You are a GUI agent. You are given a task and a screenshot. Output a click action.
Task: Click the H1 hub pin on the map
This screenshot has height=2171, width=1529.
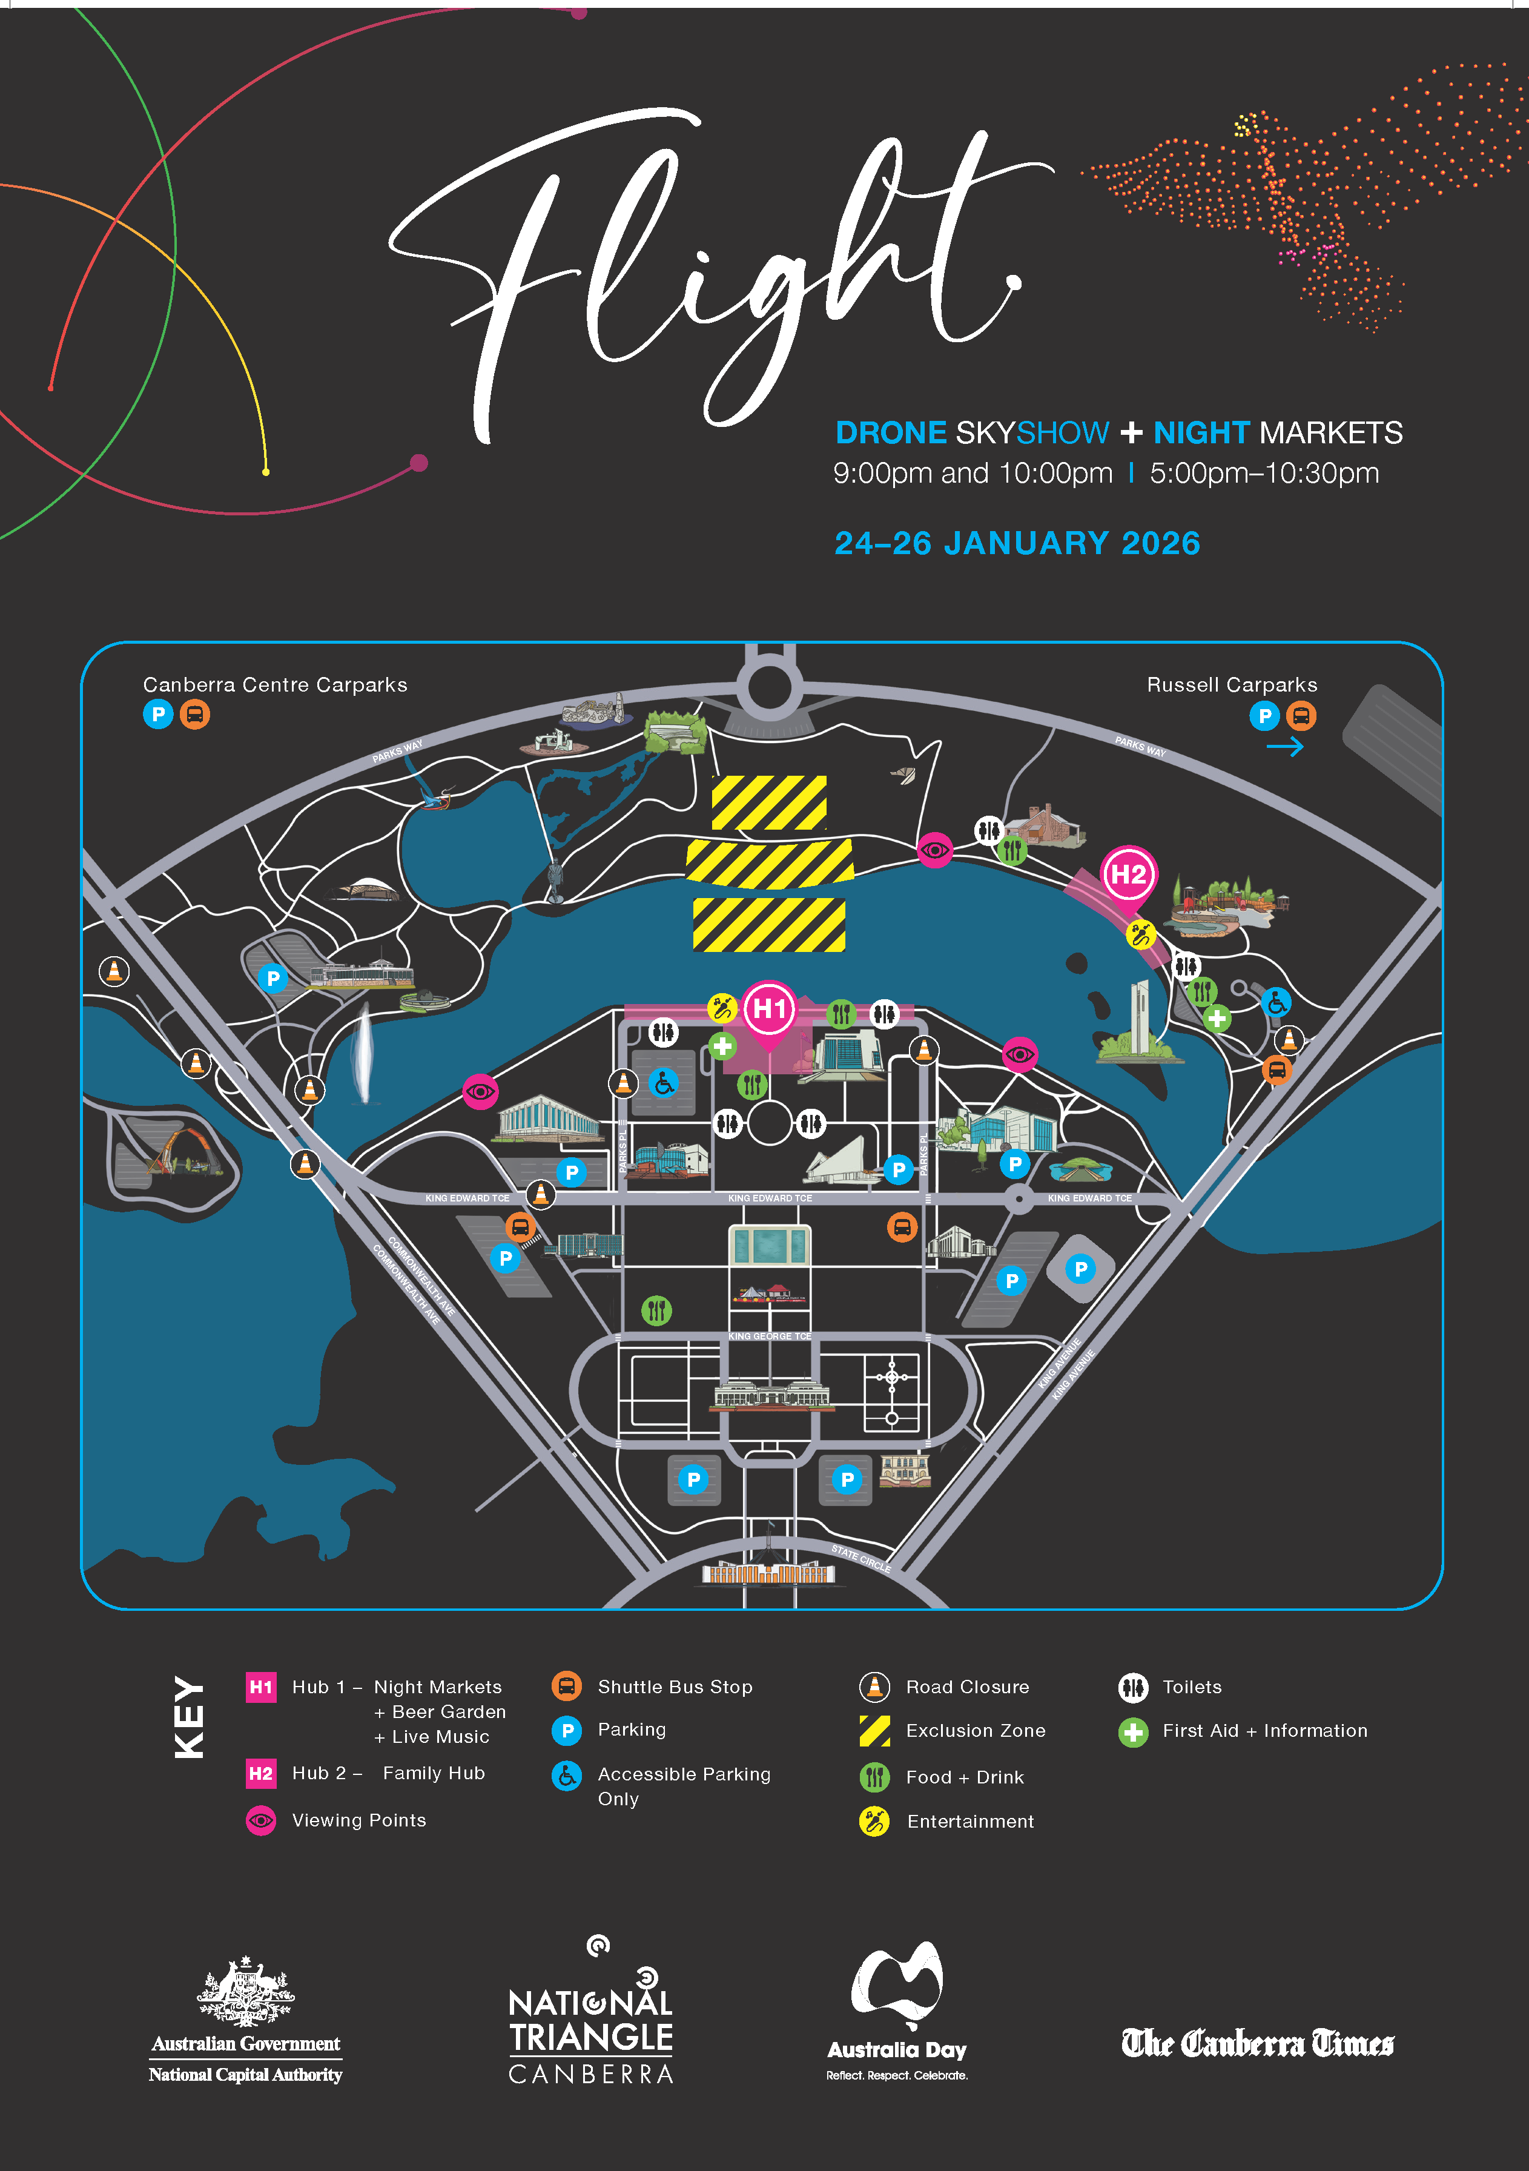[x=769, y=1010]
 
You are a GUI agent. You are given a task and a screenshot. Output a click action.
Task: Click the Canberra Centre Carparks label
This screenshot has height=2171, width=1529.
[x=275, y=684]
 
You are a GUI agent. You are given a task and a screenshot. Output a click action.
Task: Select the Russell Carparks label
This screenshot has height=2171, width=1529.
[x=1231, y=684]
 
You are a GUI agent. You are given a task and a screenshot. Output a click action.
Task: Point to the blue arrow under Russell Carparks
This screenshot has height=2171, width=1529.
[x=1284, y=747]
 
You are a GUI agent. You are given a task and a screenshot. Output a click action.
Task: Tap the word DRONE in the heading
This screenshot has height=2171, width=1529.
[x=891, y=433]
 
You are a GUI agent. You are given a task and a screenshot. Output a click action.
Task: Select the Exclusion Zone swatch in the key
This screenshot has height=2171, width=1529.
[x=874, y=1730]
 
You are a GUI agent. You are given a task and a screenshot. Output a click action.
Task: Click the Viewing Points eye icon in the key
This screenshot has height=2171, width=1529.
[x=261, y=1820]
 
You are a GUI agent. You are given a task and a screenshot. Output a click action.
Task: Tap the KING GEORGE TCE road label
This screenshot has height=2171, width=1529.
[x=769, y=1336]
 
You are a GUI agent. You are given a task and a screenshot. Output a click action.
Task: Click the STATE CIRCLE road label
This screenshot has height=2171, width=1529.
[x=860, y=1558]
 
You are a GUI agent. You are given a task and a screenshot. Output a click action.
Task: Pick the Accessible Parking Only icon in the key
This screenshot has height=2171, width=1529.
[x=566, y=1776]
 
